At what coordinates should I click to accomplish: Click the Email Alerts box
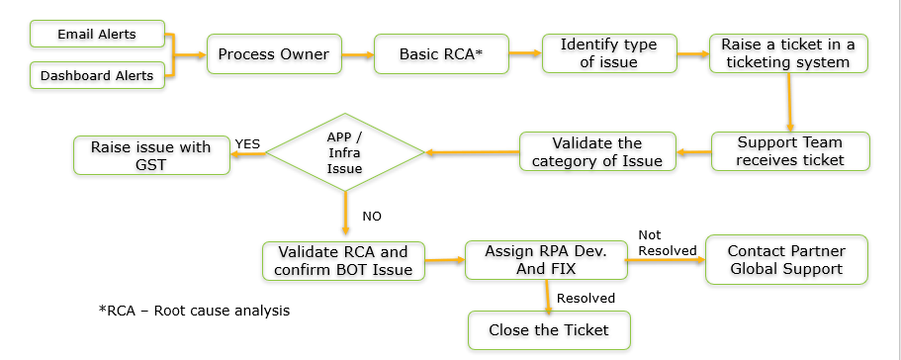pos(97,35)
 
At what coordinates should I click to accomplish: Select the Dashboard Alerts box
pos(97,73)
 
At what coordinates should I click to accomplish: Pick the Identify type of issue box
pos(609,53)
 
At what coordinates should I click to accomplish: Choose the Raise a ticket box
pos(788,53)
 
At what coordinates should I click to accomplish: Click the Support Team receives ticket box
pos(790,151)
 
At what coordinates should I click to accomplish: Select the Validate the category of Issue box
pos(598,152)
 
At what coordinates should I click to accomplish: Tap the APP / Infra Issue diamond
pos(345,151)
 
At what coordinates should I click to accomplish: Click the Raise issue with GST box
pos(151,155)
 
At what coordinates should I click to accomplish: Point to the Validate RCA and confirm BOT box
pos(342,260)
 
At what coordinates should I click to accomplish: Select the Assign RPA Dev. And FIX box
pos(546,260)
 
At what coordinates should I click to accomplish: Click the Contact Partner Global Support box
pos(785,259)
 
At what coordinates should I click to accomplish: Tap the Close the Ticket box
pos(548,330)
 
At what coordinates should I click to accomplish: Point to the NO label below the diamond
pos(372,216)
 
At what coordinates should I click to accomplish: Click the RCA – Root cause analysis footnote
pos(194,311)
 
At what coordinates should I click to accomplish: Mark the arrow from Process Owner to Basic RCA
pos(358,53)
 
